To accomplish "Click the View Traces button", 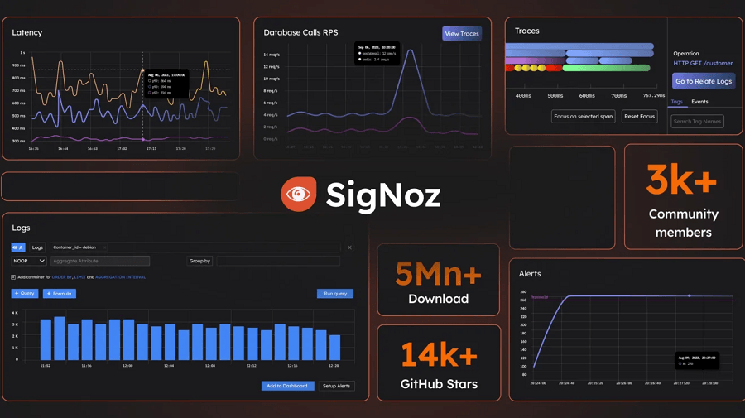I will [462, 34].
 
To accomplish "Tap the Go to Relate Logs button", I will [704, 81].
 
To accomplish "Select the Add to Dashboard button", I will [287, 386].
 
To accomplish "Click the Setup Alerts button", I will [336, 386].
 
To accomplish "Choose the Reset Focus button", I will [639, 117].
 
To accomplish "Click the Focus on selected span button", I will [584, 117].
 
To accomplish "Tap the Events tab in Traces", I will [699, 102].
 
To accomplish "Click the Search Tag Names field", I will [698, 122].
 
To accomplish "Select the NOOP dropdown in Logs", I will [28, 261].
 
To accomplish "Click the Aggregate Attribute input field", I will [99, 261].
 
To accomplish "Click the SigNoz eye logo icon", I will [298, 195].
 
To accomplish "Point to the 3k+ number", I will [681, 180].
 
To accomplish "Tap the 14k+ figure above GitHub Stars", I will [439, 356].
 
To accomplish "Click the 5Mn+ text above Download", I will [438, 274].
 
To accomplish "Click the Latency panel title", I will [27, 32].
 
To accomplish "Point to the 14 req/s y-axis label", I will [271, 55].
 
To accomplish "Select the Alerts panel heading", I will [530, 273].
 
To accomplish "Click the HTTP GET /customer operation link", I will [703, 64].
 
